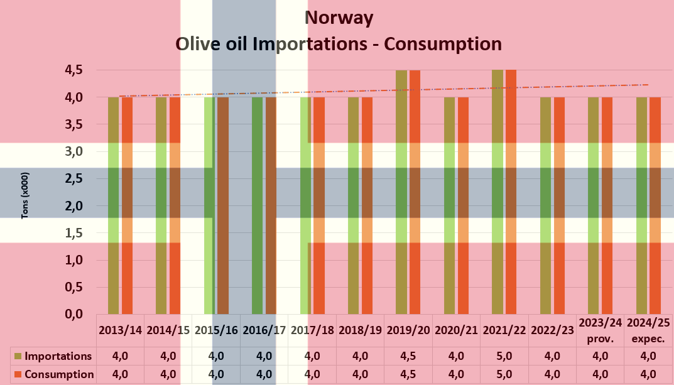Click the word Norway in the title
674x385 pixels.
tap(339, 18)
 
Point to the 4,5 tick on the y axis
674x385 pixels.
tap(75, 70)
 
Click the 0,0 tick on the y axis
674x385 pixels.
tap(75, 313)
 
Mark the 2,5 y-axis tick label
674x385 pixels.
tap(75, 178)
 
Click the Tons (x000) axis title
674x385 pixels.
tap(26, 195)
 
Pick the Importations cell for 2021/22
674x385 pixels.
tap(504, 356)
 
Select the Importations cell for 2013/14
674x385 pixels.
tap(121, 356)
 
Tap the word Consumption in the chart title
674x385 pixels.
tap(442, 44)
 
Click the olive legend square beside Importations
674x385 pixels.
tap(18, 356)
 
